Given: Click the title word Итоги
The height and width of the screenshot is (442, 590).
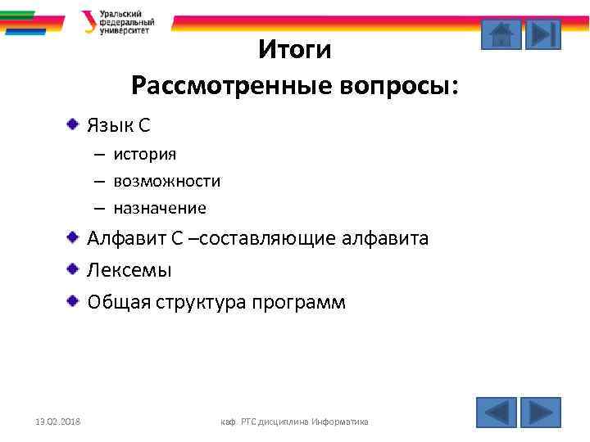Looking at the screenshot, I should coord(294,51).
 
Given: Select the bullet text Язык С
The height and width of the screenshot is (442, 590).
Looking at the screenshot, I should coord(119,126).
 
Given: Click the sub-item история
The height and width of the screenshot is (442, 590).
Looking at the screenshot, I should coord(144,154).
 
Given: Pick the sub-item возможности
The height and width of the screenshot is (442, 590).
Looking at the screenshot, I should coord(166,181).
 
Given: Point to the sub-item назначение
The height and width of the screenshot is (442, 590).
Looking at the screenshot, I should coord(160,208).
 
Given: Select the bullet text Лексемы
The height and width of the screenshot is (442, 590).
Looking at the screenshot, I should coord(129,270).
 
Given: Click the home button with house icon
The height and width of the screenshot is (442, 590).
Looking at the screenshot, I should coord(501,34).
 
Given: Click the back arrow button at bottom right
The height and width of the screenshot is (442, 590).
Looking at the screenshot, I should coord(497,412).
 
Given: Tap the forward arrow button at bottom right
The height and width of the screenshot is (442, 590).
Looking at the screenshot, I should coord(541,412).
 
